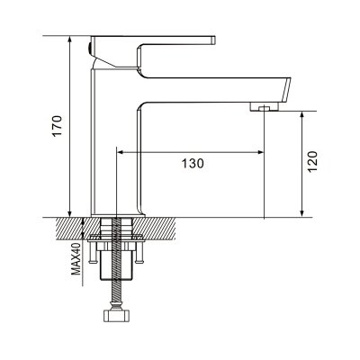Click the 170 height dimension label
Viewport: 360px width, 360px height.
[58, 126]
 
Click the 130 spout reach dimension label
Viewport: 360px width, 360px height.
[193, 164]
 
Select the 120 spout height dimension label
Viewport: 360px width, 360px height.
[312, 162]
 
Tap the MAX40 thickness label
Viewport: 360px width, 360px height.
[76, 258]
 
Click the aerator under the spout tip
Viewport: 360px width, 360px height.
[265, 106]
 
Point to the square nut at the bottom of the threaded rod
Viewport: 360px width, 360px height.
[117, 316]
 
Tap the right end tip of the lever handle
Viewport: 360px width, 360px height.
[214, 40]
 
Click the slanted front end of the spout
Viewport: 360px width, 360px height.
[286, 90]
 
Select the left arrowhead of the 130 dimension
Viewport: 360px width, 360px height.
[120, 152]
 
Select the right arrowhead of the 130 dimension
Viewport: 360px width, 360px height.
[260, 152]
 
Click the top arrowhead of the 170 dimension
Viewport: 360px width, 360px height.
[69, 40]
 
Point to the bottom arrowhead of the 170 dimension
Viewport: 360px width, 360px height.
[69, 213]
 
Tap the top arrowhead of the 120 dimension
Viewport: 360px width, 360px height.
[302, 115]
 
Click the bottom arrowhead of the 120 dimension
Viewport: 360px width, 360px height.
[302, 213]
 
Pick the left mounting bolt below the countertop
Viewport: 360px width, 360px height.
[92, 253]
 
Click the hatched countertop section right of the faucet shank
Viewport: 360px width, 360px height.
[154, 229]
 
